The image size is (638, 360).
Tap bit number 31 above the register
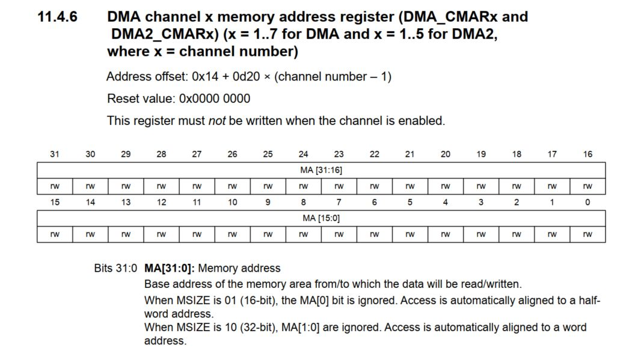55,154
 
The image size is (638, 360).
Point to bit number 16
587,154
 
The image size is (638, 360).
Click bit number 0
587,203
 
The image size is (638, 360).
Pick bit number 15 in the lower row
55,203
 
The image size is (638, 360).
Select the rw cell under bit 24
303,186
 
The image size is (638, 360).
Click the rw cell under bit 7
339,234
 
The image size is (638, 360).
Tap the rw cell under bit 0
587,234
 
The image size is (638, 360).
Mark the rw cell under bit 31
55,186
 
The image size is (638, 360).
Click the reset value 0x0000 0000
215,99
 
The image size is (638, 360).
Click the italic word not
216,121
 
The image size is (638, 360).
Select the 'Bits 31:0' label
115,268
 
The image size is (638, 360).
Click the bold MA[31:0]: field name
170,268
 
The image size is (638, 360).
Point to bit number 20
445,154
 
